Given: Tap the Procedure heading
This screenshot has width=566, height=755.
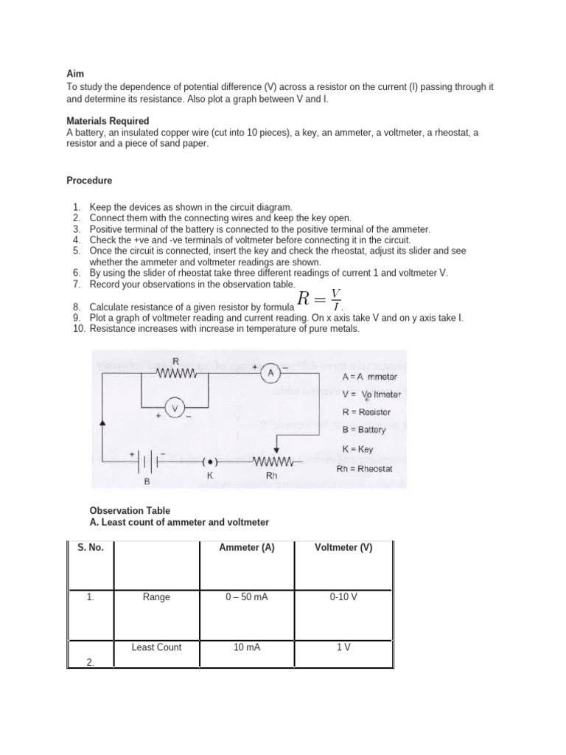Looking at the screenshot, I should (x=89, y=180).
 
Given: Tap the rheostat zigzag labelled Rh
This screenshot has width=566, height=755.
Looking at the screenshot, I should (x=273, y=462).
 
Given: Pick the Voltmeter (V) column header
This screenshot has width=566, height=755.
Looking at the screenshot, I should (x=343, y=547).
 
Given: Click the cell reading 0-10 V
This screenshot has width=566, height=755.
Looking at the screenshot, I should (x=343, y=597).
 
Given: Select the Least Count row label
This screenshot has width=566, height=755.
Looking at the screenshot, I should (x=156, y=647).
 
